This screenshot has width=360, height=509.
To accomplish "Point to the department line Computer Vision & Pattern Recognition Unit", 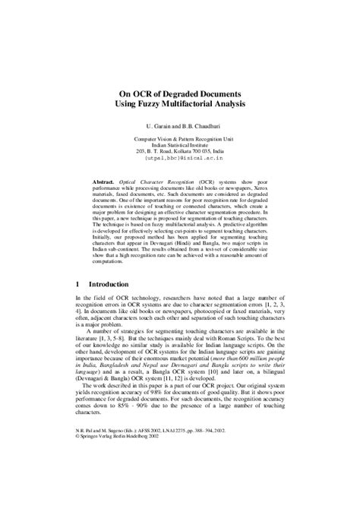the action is click(x=180, y=138).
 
